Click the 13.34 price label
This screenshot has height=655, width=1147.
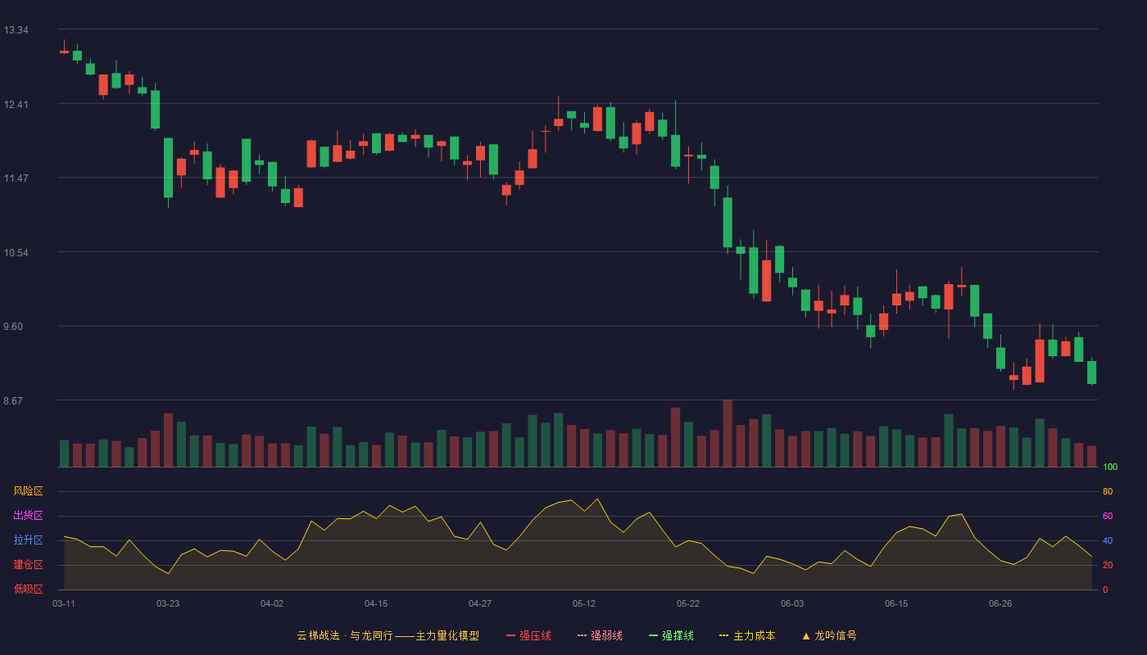[x=16, y=30]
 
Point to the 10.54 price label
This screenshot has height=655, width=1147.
[x=16, y=253]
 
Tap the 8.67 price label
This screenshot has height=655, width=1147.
[x=13, y=400]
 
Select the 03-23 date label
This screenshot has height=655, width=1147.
[x=168, y=604]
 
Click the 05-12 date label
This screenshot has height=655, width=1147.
[x=584, y=604]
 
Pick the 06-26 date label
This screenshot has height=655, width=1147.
[x=1000, y=604]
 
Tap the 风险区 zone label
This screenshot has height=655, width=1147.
[x=28, y=491]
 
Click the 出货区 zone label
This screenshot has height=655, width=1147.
[x=28, y=515]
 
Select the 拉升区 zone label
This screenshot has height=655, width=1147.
[x=28, y=540]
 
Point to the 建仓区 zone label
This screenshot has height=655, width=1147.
[x=28, y=564]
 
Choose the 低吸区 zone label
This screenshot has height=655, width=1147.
[x=28, y=589]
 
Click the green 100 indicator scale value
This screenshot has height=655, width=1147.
[x=1110, y=467]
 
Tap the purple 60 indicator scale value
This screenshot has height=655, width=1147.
[x=1108, y=516]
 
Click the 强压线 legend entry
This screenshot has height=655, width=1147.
[x=528, y=635]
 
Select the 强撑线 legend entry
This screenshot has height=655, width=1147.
[x=671, y=635]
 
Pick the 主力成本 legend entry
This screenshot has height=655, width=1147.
[x=747, y=635]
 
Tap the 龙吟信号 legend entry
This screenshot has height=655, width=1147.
[x=829, y=635]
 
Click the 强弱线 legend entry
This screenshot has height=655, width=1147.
[x=600, y=635]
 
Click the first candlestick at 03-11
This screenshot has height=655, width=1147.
[x=64, y=52]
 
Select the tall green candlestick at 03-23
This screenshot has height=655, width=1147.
[x=168, y=168]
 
